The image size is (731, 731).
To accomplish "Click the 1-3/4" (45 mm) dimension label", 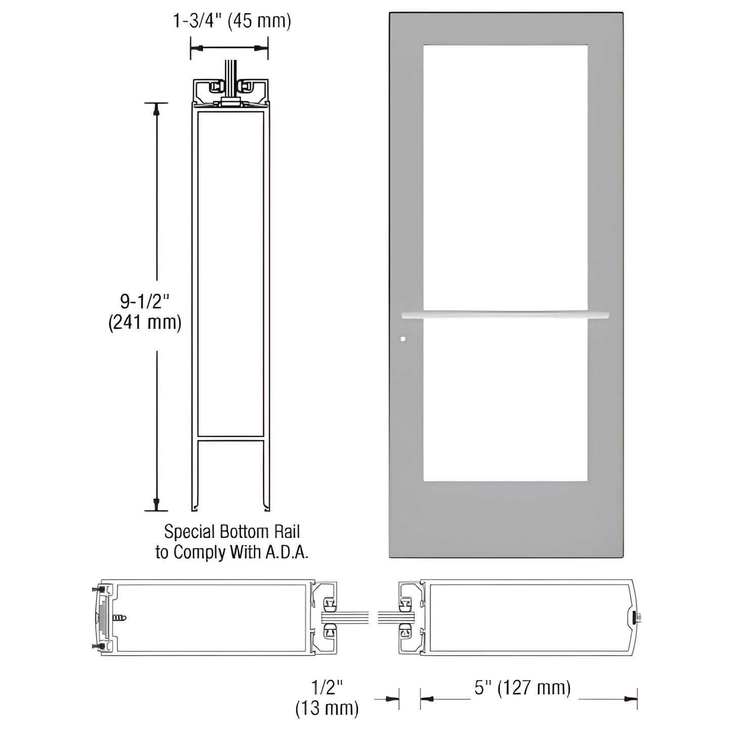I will [232, 21].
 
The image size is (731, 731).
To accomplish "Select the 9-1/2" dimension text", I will [144, 302].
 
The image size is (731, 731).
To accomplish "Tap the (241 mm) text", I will [145, 323].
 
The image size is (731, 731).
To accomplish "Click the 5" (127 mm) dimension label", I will [523, 688].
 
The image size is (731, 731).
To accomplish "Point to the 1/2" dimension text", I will [327, 687].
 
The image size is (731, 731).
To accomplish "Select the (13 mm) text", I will [327, 708].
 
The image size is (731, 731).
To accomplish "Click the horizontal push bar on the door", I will [505, 315].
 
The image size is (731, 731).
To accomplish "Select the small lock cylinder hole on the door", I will [403, 339].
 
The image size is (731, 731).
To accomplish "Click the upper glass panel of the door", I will [505, 177].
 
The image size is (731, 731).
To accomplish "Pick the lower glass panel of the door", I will [505, 400].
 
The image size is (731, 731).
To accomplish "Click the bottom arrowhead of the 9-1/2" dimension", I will [156, 504].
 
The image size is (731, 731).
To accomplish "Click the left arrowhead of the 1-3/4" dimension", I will [198, 48].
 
